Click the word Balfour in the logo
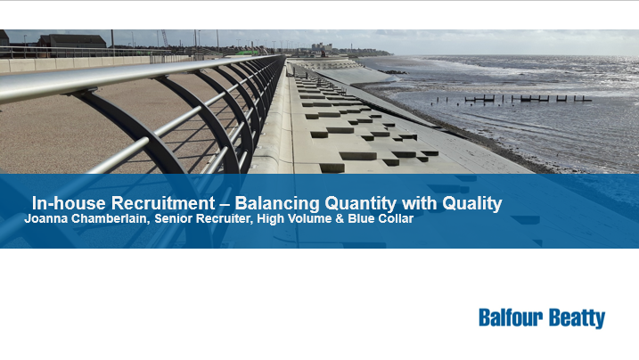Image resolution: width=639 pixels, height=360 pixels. tap(511, 317)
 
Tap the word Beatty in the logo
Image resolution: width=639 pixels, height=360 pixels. tap(577, 318)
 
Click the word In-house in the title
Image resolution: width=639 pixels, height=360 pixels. tap(69, 203)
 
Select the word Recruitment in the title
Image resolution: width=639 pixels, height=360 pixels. tap(163, 203)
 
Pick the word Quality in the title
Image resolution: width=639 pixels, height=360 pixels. tap(472, 204)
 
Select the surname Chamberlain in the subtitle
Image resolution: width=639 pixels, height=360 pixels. tap(110, 219)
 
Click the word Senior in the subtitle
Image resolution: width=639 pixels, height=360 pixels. tap(172, 218)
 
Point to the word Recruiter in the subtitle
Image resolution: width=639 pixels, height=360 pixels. tap(224, 219)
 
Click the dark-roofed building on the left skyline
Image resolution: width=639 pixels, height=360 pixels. tap(72, 41)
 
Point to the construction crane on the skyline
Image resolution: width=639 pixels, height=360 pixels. tap(165, 38)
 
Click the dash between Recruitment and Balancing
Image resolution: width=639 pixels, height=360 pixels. tap(225, 204)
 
